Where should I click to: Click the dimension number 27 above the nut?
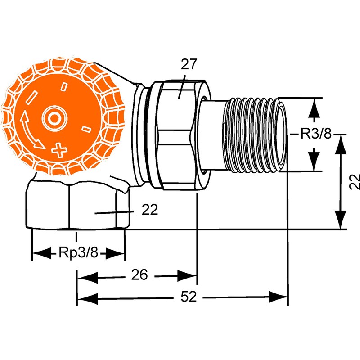[189, 64]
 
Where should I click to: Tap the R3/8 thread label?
[316, 134]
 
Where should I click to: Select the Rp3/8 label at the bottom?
[78, 252]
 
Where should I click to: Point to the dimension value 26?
[139, 275]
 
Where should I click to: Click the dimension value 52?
[189, 297]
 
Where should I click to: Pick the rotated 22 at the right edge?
[355, 181]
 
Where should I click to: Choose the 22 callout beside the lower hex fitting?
[150, 209]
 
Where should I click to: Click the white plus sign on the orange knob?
[59, 150]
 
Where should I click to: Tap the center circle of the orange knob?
[54, 118]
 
